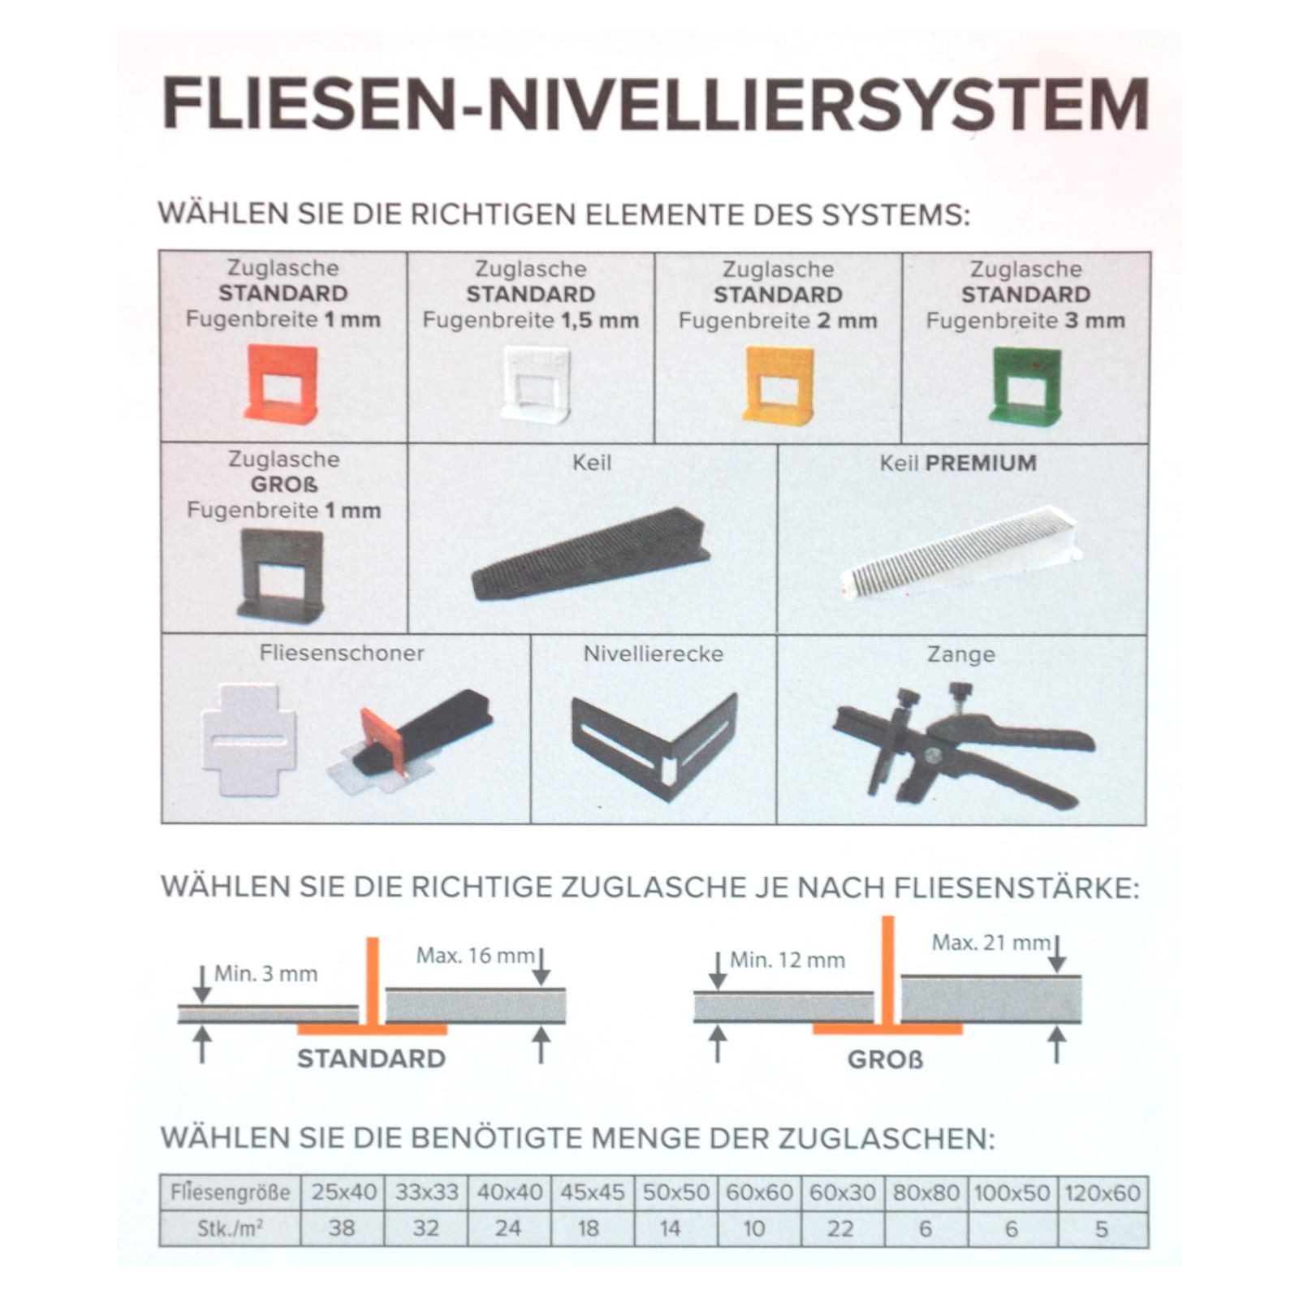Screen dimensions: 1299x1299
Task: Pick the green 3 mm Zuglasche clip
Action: click(x=1025, y=385)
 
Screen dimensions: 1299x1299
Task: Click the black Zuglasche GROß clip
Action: click(x=281, y=575)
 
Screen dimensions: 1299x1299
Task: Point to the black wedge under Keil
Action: click(x=590, y=554)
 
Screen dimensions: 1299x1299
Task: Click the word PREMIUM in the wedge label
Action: click(x=981, y=464)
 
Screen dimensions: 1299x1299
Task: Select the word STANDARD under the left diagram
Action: click(x=371, y=1059)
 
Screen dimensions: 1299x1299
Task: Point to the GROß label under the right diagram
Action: click(x=885, y=1060)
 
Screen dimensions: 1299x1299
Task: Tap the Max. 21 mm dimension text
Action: click(x=990, y=943)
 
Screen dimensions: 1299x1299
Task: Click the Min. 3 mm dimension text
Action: click(x=265, y=973)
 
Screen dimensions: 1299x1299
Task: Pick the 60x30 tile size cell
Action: click(x=842, y=1193)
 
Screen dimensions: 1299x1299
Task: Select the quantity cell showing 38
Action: click(x=342, y=1228)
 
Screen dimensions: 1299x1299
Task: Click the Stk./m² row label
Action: click(x=230, y=1229)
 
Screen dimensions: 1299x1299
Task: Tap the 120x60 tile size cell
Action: click(x=1102, y=1193)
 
